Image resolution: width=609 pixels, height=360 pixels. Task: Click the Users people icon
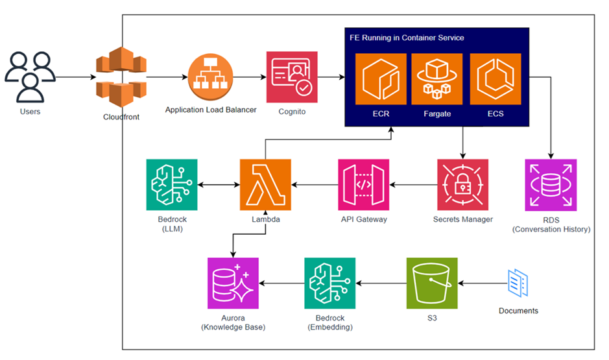click(x=30, y=77)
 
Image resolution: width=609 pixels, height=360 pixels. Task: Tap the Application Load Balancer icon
click(x=210, y=77)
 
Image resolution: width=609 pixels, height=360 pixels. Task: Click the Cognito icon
click(x=292, y=77)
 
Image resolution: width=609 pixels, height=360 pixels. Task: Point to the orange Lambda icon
click(x=265, y=185)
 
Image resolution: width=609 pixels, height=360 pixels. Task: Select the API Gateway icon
click(x=363, y=185)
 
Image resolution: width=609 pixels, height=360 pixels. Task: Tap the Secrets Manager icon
click(x=462, y=185)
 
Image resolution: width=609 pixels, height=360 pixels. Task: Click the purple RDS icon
click(x=551, y=185)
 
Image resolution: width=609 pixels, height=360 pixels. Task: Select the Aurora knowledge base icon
click(x=233, y=283)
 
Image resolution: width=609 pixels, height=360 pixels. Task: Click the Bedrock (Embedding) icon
click(x=330, y=283)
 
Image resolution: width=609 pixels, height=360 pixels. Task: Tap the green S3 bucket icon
click(x=432, y=283)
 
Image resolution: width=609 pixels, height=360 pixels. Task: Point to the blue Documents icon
click(x=518, y=283)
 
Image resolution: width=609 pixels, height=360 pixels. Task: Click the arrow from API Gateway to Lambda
click(x=315, y=185)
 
